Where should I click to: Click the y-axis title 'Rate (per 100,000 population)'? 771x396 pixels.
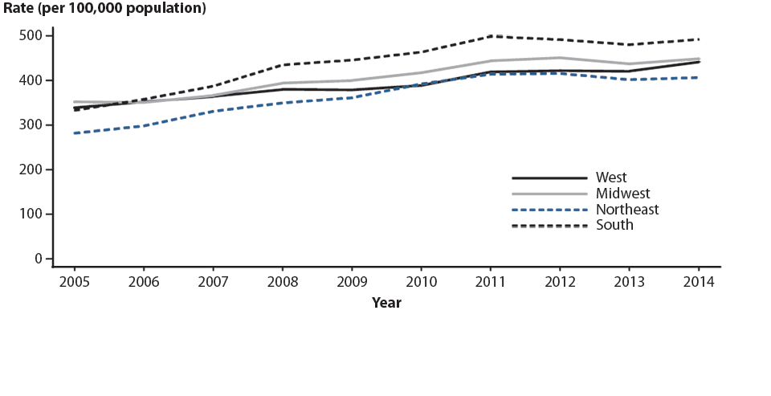coord(104,10)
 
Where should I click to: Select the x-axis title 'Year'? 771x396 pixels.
coord(386,303)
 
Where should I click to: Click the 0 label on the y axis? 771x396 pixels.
coord(38,259)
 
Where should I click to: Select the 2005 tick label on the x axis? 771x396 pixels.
coord(74,283)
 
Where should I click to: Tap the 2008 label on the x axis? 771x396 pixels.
coord(282,283)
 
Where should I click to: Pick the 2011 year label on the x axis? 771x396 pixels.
coord(490,283)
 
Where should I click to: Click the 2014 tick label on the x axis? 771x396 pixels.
coord(698,283)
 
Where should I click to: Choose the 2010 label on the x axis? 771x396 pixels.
coord(421,283)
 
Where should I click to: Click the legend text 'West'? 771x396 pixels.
coord(611,178)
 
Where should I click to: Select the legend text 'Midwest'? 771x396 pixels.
coord(622,194)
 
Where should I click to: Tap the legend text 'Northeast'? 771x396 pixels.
coord(627,210)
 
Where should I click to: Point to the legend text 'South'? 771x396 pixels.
coord(614,226)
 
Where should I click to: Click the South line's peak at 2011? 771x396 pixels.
coord(490,36)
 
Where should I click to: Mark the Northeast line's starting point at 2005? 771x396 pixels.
coord(75,133)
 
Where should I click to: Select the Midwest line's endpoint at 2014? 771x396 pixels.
coord(698,59)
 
